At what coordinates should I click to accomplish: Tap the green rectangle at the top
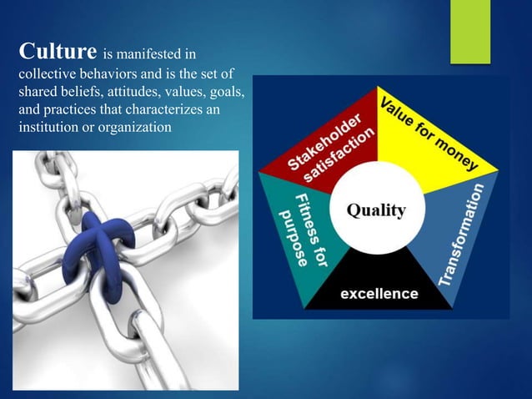coord(470,31)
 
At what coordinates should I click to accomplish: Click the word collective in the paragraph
coord(48,74)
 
